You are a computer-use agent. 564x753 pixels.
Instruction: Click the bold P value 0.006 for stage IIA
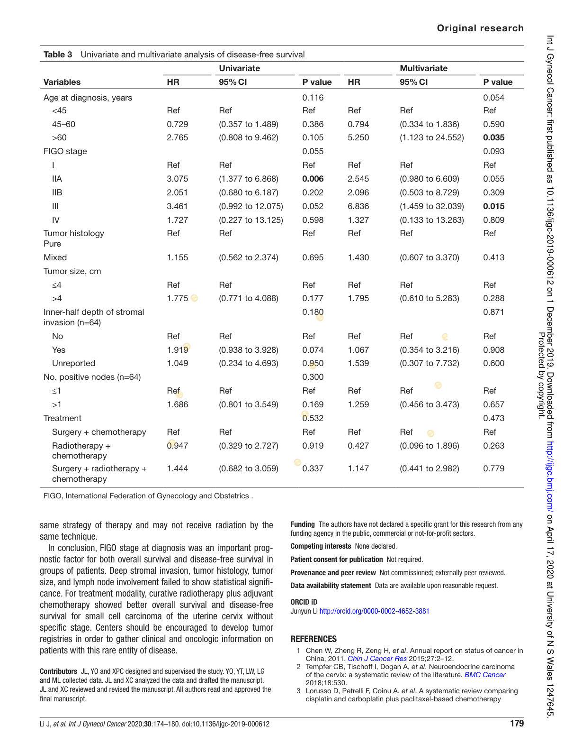[x=313, y=179]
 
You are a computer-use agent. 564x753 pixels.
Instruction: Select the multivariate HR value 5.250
[x=358, y=138]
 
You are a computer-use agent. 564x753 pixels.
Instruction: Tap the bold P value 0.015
[x=493, y=206]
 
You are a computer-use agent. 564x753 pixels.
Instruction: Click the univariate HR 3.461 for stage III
[x=177, y=206]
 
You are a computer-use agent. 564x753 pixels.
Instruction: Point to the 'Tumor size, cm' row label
[x=72, y=271]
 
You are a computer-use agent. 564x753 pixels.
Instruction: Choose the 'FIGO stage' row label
[x=65, y=151]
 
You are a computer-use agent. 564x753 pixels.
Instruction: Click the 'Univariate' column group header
[x=239, y=68]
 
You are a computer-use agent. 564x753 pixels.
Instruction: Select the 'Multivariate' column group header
[x=423, y=68]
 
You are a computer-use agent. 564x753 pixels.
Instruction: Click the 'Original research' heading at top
[x=480, y=28]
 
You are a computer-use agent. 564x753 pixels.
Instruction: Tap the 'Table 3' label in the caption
[x=58, y=55]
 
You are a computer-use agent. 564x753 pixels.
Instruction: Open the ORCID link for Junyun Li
[x=374, y=611]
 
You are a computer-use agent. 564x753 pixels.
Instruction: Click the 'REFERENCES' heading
[x=313, y=639]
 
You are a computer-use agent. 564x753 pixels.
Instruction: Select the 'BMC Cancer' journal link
[x=484, y=675]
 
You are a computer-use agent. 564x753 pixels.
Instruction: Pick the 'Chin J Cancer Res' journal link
[x=377, y=659]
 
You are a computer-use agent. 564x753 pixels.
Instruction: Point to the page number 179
[x=517, y=723]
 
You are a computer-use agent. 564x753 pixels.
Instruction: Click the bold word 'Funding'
[x=303, y=524]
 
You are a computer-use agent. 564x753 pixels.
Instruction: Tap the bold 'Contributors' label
[x=58, y=671]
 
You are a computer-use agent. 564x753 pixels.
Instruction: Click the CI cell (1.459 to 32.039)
[x=431, y=206]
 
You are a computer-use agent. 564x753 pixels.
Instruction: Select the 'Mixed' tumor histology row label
[x=55, y=257]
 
